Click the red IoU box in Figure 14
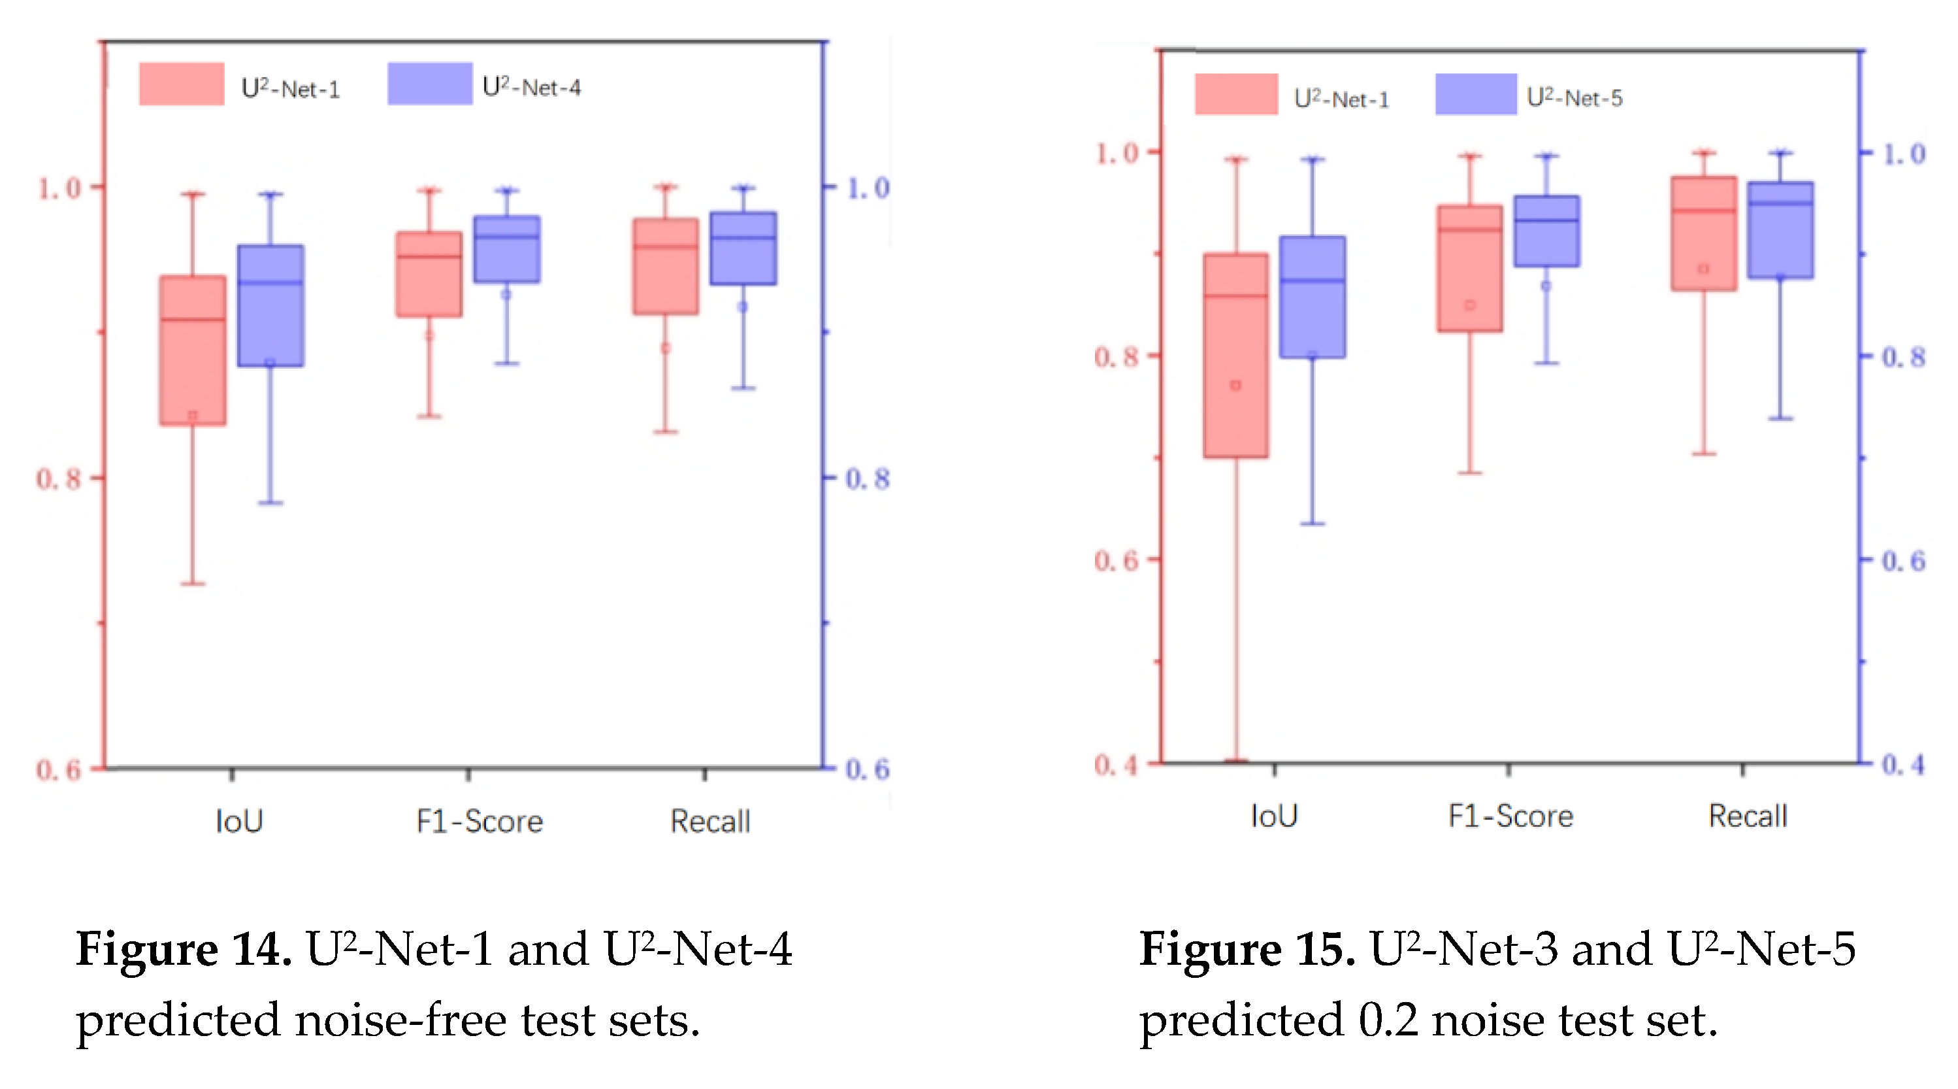192,350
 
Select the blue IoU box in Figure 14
270,306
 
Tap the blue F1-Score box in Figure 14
507,250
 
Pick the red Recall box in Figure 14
666,266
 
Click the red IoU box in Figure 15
1236,355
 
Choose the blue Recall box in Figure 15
1780,229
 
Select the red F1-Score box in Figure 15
1470,269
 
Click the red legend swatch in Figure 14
182,84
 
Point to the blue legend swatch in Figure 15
1476,94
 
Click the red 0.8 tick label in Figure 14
59,479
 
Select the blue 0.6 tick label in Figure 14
867,769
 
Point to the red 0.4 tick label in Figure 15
1116,764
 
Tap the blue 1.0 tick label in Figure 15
1903,154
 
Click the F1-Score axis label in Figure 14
480,821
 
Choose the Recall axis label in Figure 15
1748,816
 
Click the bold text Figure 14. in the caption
183,949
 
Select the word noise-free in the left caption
400,1019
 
